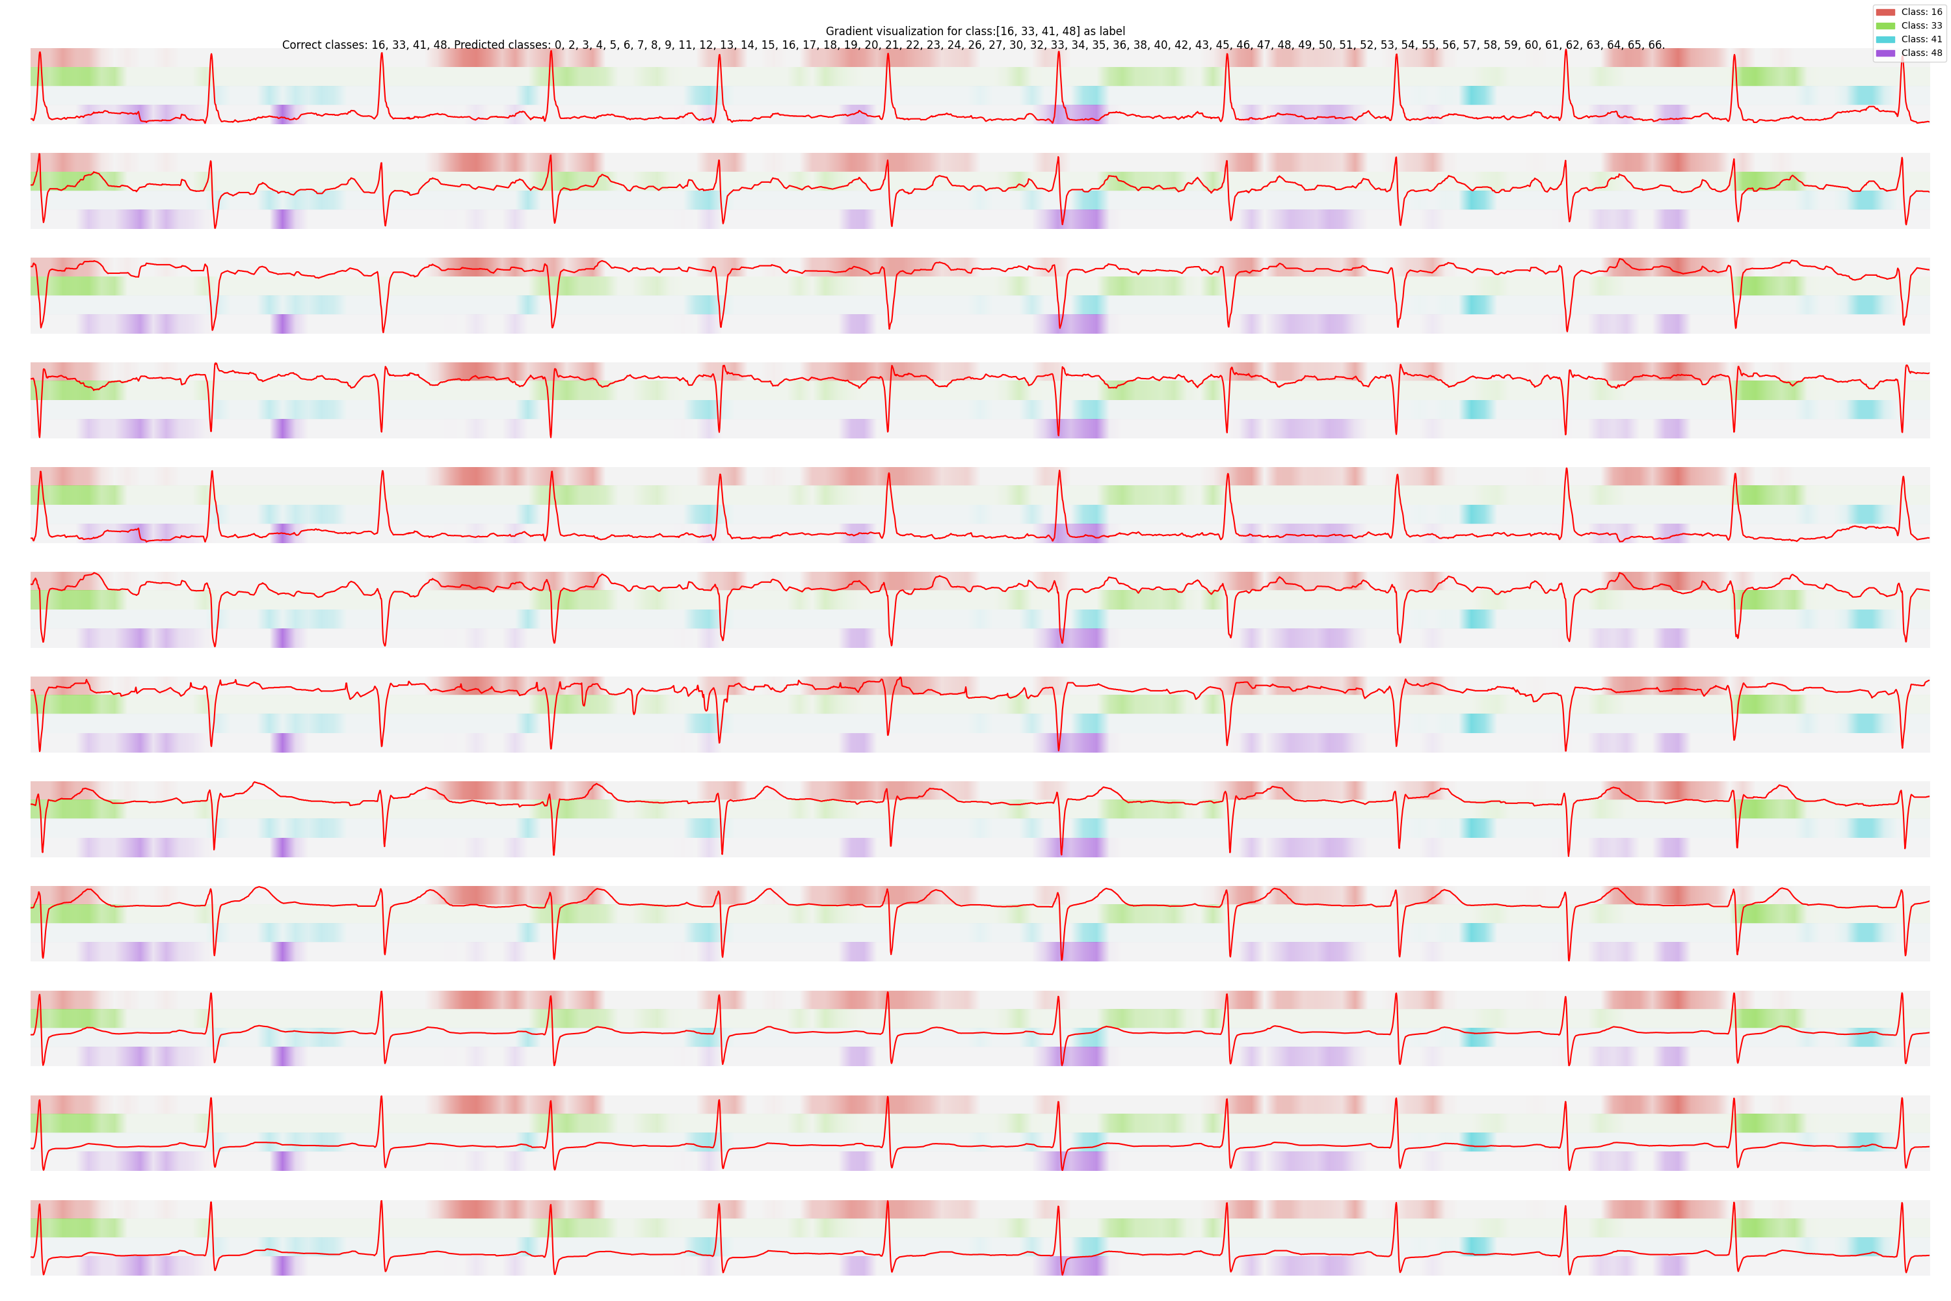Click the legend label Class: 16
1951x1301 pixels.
click(1921, 12)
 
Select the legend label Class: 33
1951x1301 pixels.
click(1921, 26)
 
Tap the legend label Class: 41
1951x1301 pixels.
click(1921, 39)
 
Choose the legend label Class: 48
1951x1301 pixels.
click(1921, 53)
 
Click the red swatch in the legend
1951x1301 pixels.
click(1885, 12)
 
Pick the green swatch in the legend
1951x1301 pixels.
click(1885, 26)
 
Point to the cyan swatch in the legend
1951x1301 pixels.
click(1885, 39)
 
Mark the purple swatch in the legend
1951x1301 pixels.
click(1885, 53)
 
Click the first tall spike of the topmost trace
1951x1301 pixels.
click(40, 55)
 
